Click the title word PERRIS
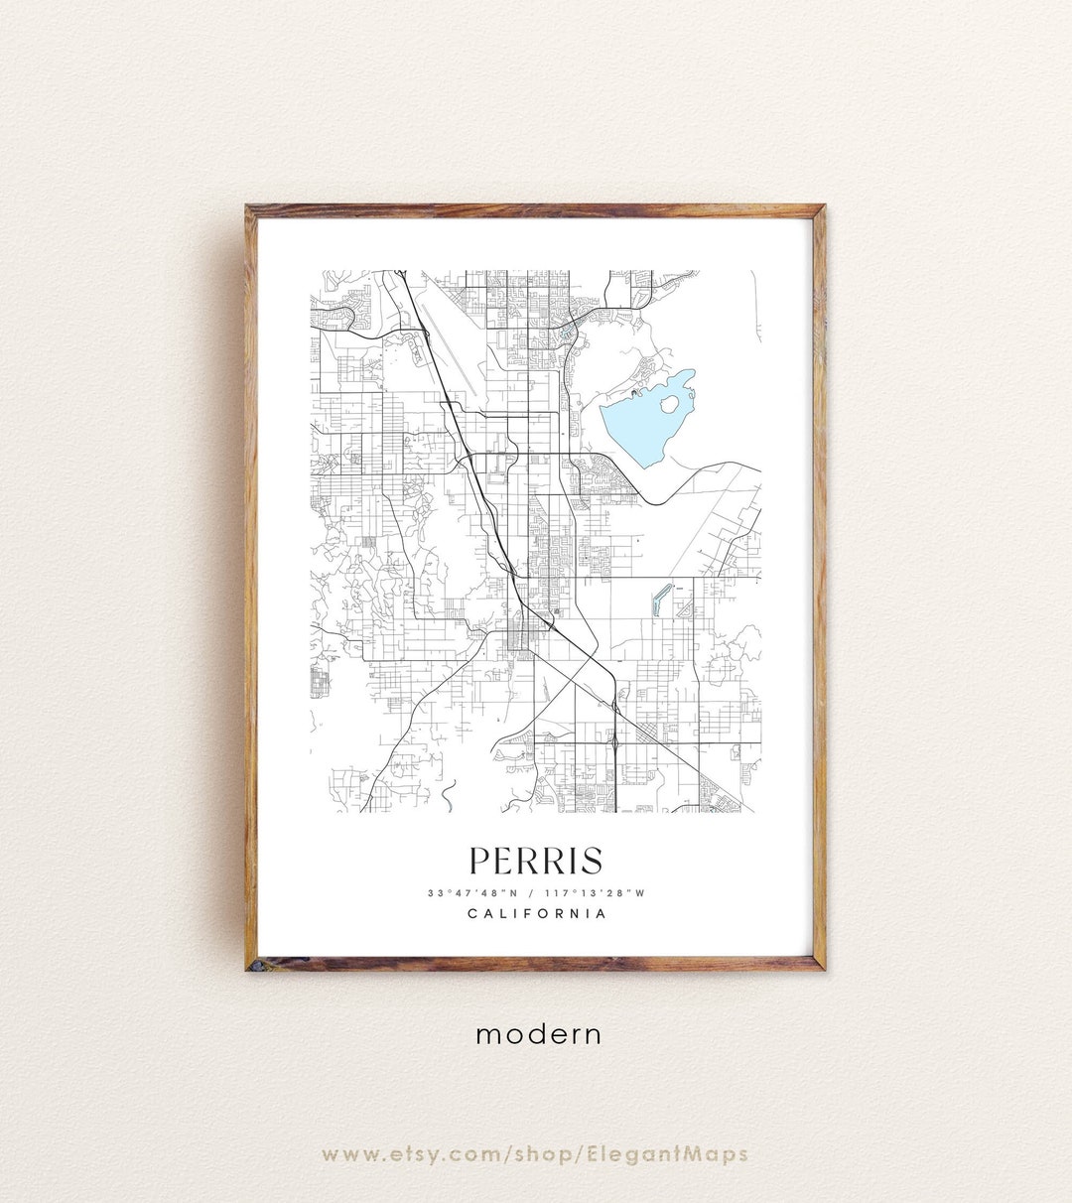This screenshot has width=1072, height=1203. (535, 861)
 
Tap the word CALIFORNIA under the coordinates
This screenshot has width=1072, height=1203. (536, 913)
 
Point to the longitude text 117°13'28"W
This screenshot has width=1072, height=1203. (599, 892)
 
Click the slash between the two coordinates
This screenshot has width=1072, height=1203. (536, 892)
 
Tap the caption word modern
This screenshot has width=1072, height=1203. (538, 1034)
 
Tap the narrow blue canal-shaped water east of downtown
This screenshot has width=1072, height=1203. (660, 599)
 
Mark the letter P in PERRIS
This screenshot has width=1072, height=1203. (479, 861)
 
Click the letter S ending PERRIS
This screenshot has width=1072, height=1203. (592, 861)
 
